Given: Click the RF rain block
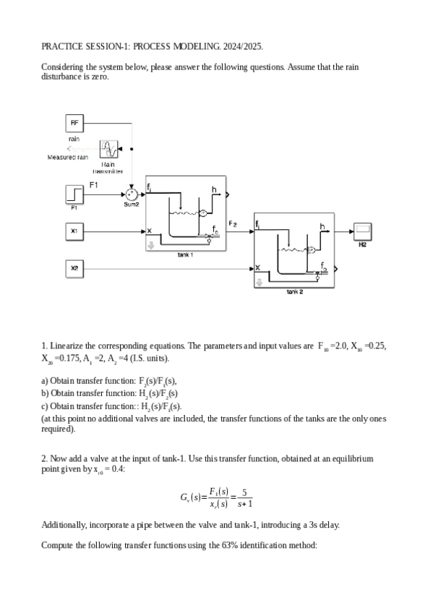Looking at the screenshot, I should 74,123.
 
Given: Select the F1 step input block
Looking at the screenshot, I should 74,194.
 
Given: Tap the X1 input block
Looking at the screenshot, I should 74,232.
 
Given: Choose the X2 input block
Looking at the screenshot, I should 74,269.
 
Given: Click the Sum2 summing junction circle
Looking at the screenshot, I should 131,194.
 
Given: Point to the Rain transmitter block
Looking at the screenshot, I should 108,150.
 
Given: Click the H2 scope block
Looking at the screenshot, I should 363,232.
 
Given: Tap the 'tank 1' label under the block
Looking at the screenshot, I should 186,254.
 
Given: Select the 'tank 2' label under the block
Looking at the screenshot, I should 294,291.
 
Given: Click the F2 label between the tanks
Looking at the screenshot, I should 233,223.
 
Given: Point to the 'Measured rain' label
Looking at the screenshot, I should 68,157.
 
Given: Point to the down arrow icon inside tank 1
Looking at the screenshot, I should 151,245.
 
